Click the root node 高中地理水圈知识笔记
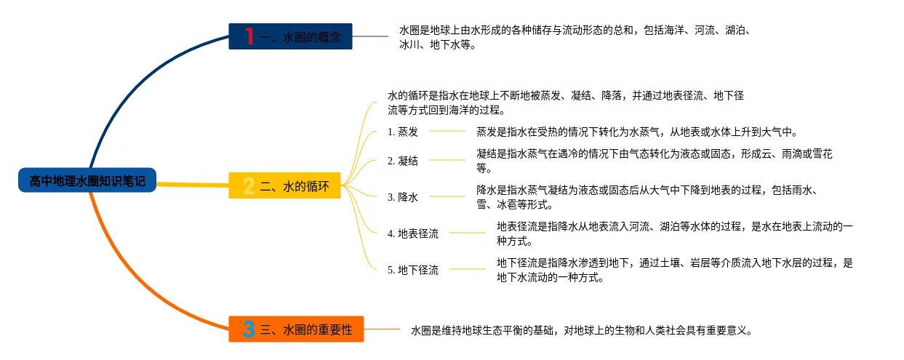coord(87,181)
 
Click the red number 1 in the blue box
coord(249,36)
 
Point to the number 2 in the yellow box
coord(248,187)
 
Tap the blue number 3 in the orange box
coord(249,329)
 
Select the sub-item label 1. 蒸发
coord(403,132)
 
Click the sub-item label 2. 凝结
coord(403,161)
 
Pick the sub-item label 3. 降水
coord(403,196)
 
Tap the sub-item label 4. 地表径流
coord(413,233)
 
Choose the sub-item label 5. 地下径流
coord(413,270)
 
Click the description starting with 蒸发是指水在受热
coord(637,132)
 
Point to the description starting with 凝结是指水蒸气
coord(654,161)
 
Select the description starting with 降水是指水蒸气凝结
coord(647,197)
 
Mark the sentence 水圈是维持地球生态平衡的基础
coord(580,330)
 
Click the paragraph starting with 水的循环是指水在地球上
coord(565,103)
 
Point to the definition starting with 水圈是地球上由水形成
coord(575,37)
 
